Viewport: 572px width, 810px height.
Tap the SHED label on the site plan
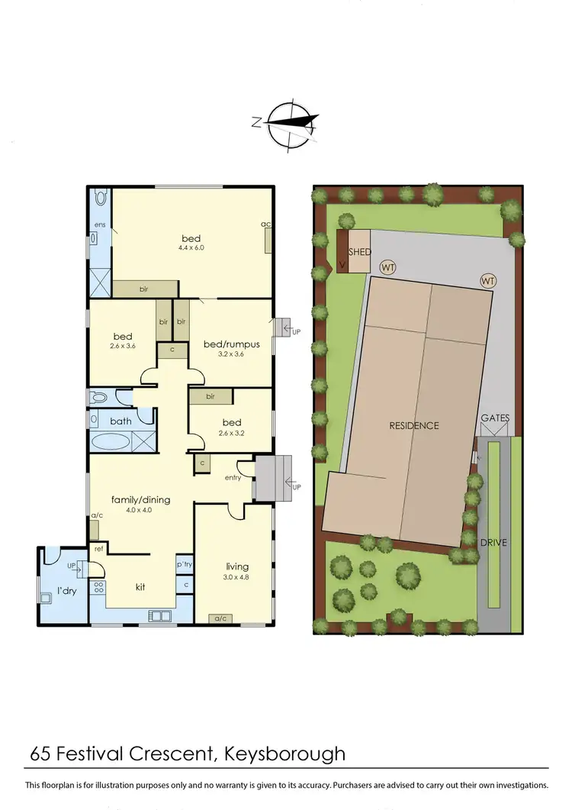[x=360, y=253]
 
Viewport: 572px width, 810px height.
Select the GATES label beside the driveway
[x=495, y=418]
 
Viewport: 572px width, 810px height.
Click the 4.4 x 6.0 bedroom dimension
[x=192, y=247]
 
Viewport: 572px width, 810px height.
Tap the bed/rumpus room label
[x=232, y=344]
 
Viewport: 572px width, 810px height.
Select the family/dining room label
[x=141, y=500]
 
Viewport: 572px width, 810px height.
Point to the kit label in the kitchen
[x=140, y=586]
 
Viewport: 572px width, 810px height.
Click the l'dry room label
[x=64, y=591]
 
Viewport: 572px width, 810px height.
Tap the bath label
[x=121, y=421]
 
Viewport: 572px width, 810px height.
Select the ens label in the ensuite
[x=99, y=224]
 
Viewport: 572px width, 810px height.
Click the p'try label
[x=184, y=564]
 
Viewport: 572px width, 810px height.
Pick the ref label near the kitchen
[x=98, y=549]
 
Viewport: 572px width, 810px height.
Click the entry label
[x=233, y=478]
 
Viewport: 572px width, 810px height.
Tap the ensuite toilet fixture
[x=100, y=198]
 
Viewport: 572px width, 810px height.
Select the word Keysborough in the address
[x=285, y=754]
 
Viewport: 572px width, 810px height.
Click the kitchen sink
[x=162, y=615]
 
